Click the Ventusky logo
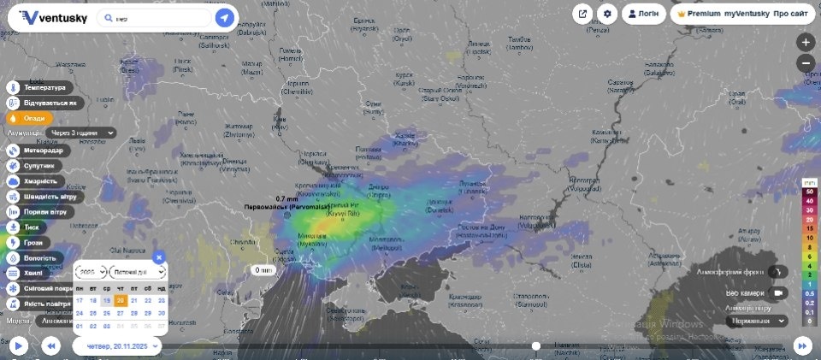(53, 17)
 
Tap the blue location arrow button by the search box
(224, 17)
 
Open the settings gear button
(607, 14)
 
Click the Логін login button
(643, 14)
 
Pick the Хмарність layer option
(38, 180)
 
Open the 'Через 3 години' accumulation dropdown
(83, 133)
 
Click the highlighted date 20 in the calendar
(120, 300)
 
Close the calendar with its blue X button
(158, 257)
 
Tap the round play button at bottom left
(18, 345)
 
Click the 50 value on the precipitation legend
(809, 192)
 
